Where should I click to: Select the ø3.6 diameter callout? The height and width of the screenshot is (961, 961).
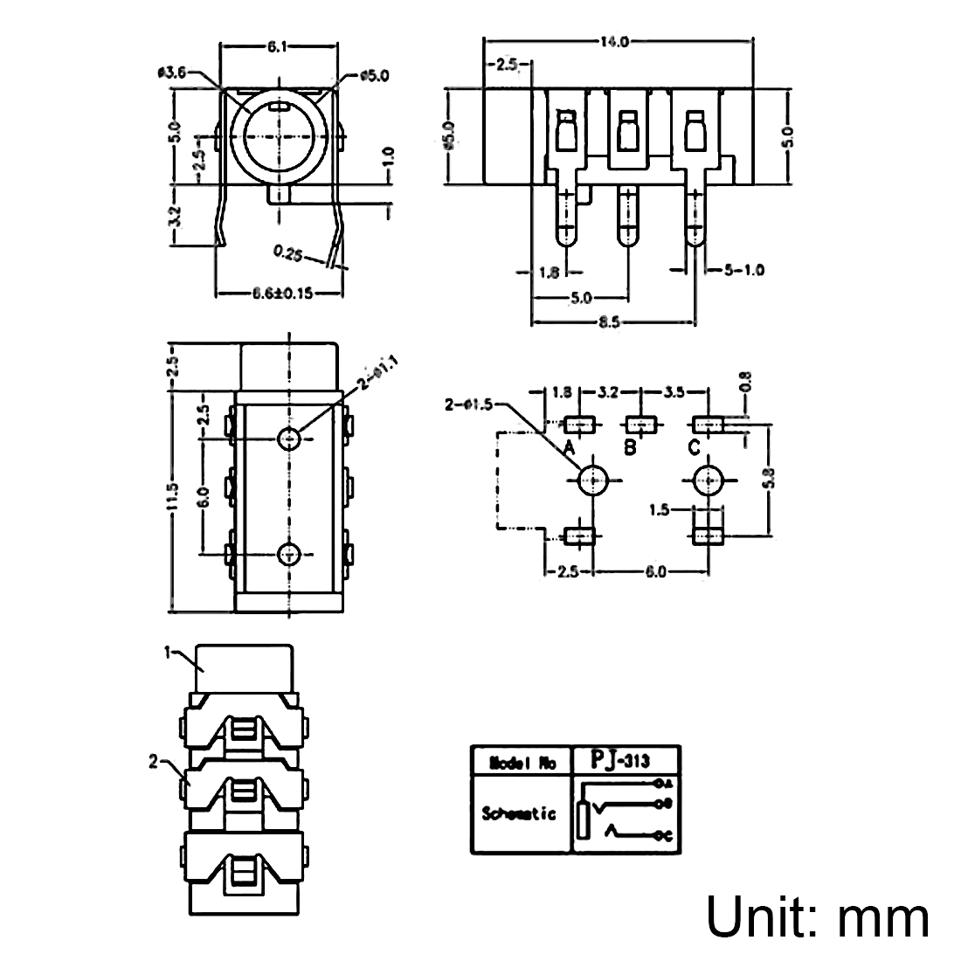pos(172,74)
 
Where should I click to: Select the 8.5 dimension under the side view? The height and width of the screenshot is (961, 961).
pos(610,322)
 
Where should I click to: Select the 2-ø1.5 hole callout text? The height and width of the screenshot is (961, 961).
pos(470,404)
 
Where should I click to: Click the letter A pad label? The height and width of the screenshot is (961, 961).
pos(569,448)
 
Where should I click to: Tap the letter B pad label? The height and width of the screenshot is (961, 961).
pos(631,448)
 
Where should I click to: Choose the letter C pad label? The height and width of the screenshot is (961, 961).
pos(694,448)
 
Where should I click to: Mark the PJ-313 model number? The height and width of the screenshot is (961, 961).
pos(622,759)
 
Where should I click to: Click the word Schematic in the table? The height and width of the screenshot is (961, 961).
pos(519,813)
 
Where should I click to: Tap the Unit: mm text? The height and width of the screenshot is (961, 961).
pos(817,917)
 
